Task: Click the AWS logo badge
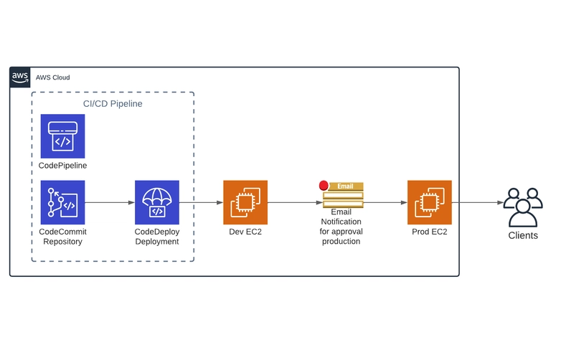20,77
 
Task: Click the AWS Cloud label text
52,77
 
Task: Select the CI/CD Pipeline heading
113,104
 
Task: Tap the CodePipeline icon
62,136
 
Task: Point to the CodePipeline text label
62,166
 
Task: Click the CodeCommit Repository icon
62,202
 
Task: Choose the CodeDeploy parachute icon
157,202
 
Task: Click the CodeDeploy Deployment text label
156,237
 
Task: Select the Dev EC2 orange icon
245,202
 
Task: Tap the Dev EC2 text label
245,232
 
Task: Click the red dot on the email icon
324,186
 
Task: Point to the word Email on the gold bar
345,186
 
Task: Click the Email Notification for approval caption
341,227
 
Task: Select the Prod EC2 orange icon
429,202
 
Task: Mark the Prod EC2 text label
429,232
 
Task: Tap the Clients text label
522,235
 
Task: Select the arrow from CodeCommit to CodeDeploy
110,203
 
